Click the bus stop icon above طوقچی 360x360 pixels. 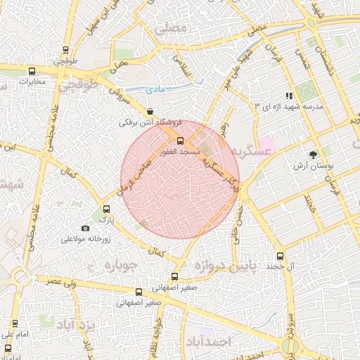(x=65, y=50)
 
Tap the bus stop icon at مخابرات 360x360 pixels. (x=32, y=71)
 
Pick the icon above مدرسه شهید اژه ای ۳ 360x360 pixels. (x=288, y=96)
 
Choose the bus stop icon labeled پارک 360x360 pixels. (x=106, y=209)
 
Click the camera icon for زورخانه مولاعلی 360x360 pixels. (x=86, y=228)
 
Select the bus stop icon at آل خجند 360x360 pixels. (x=281, y=256)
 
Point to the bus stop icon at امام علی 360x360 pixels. (x=15, y=323)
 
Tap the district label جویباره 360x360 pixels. (x=114, y=266)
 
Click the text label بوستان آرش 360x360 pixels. (x=312, y=167)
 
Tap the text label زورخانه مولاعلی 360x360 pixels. (x=86, y=239)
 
